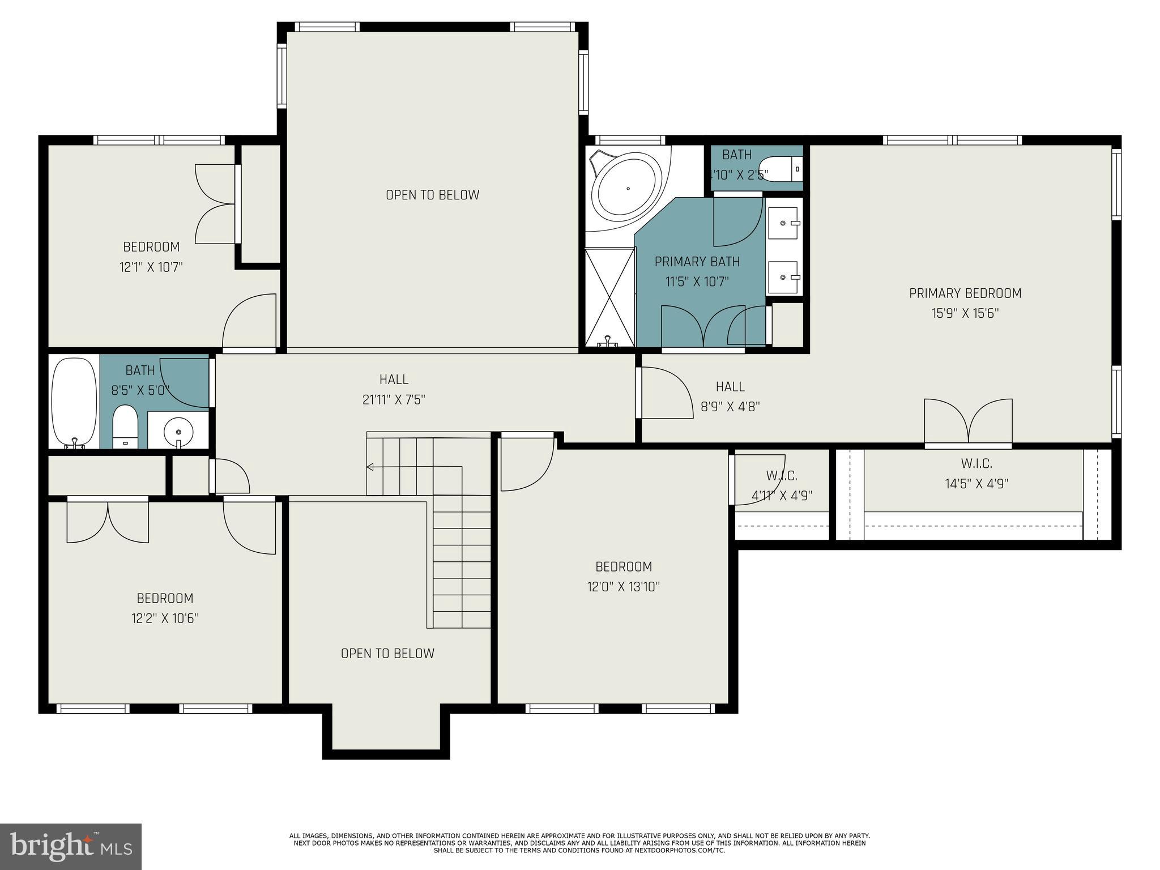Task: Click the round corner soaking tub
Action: point(627,188)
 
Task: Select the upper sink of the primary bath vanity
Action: point(783,223)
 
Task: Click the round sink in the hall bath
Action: point(178,432)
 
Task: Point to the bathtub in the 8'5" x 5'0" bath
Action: point(74,401)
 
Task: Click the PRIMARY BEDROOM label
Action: point(965,293)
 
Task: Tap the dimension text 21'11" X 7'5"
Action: point(394,400)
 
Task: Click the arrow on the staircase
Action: point(370,467)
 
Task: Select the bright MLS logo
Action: point(70,846)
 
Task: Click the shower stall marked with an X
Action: point(609,297)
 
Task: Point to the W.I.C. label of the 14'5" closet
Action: point(976,464)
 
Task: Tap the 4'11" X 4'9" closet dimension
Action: point(782,496)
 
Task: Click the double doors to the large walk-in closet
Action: point(968,422)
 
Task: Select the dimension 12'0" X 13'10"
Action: point(624,587)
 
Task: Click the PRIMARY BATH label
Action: point(697,262)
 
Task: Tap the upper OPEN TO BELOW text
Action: point(433,195)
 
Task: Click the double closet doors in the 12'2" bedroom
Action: point(108,522)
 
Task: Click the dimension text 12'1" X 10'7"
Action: point(151,267)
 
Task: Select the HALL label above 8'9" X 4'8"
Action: point(730,387)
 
